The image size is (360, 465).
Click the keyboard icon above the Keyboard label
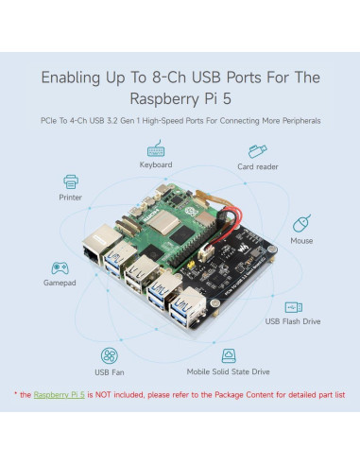coord(156,148)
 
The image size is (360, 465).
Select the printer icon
coord(69,181)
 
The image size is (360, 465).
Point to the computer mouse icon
coord(301,224)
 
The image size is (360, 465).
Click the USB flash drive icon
coord(294,306)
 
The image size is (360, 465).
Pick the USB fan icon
coord(111,355)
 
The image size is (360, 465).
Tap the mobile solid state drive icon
coord(229,355)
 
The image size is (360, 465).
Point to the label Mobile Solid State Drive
coord(228,373)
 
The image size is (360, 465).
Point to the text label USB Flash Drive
coord(294,322)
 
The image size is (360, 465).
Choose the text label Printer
coord(69,198)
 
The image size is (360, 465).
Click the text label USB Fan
coord(111,373)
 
